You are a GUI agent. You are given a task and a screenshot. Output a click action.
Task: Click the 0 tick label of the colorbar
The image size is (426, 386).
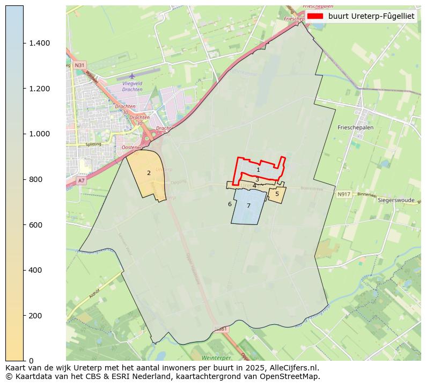click(32, 360)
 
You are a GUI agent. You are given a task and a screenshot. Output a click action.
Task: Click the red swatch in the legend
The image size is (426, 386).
click(315, 16)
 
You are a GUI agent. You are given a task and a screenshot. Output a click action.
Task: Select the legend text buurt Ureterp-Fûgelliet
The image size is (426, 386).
click(371, 16)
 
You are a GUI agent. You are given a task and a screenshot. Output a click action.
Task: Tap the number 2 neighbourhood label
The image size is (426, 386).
click(149, 173)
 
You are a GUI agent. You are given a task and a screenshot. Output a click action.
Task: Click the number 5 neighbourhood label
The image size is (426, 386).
click(277, 194)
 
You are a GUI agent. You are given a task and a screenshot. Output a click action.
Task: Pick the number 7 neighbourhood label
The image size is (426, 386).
click(248, 206)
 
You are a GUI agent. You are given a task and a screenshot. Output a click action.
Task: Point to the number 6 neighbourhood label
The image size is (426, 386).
click(230, 204)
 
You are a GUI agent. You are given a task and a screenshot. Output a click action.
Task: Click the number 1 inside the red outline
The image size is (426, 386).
click(258, 170)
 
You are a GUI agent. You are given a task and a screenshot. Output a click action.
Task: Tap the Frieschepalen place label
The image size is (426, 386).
click(356, 128)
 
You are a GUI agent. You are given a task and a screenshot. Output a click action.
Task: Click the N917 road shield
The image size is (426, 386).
click(344, 194)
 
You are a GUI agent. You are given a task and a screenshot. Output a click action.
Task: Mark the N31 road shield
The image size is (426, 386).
click(79, 65)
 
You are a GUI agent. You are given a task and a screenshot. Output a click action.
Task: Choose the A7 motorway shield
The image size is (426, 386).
click(81, 181)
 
